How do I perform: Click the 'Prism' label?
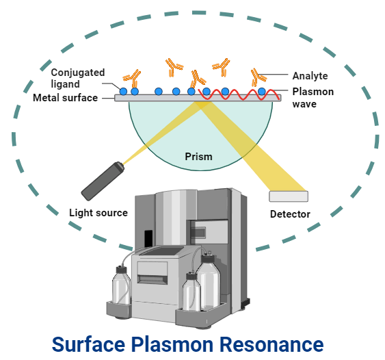198,157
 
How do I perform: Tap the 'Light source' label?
98,213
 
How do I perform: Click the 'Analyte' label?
310,76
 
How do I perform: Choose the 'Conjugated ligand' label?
77,78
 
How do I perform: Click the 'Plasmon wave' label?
313,97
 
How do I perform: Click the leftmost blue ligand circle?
123,91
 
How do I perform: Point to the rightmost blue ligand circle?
261,91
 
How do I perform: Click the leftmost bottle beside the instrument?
121,287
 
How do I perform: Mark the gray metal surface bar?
157,99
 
